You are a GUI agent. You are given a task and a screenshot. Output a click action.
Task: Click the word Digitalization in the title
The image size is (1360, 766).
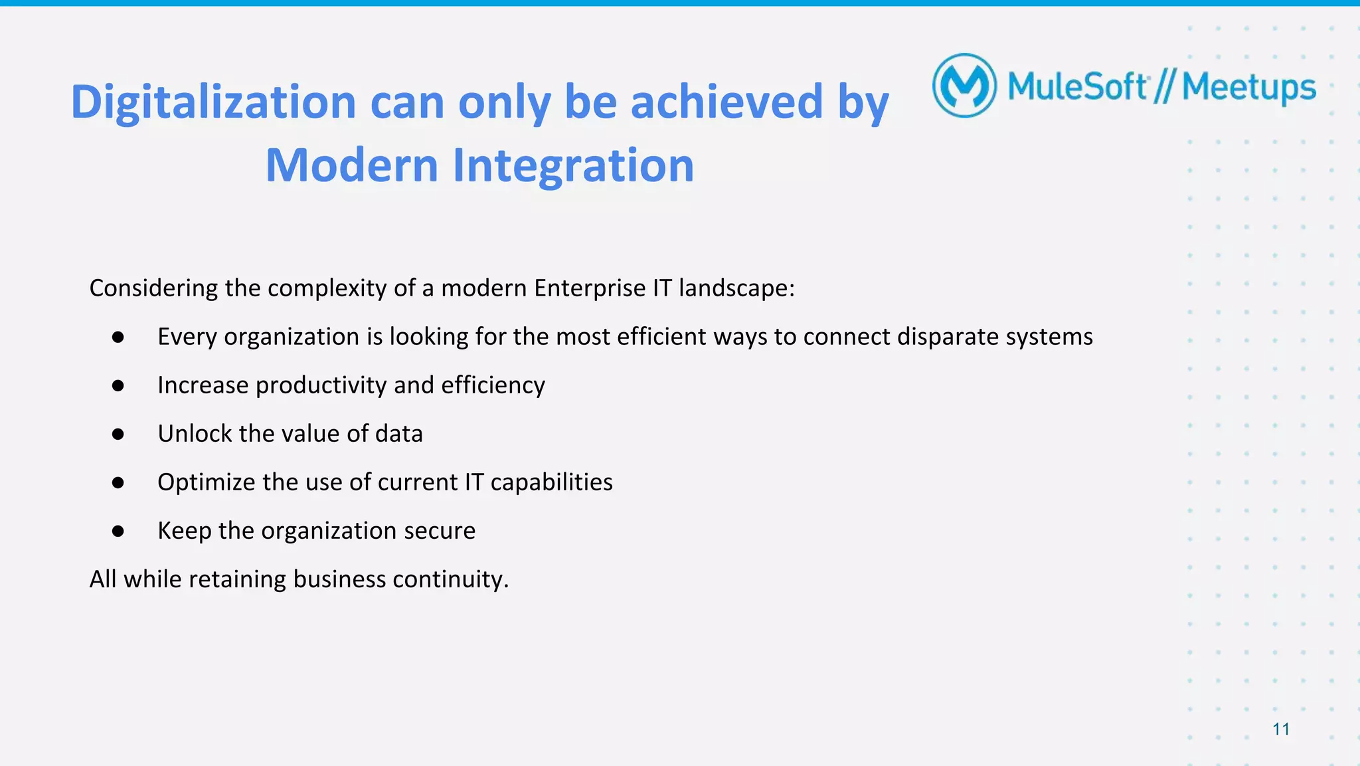[x=213, y=102]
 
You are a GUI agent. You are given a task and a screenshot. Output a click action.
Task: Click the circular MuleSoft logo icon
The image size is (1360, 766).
[x=964, y=86]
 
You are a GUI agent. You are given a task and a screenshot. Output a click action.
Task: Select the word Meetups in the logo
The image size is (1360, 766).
[x=1248, y=88]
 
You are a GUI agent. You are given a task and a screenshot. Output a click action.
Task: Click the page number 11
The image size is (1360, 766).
[x=1280, y=729]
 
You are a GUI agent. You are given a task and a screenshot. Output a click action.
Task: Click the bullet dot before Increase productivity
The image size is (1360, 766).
[x=118, y=385]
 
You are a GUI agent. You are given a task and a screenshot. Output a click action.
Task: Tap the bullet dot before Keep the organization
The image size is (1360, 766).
[x=118, y=531]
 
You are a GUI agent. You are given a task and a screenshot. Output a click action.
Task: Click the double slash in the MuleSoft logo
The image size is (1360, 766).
[x=1164, y=87]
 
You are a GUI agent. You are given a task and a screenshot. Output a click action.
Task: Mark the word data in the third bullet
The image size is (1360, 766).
[x=398, y=434]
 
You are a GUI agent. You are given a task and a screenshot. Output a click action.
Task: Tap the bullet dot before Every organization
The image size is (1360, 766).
[x=118, y=337]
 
